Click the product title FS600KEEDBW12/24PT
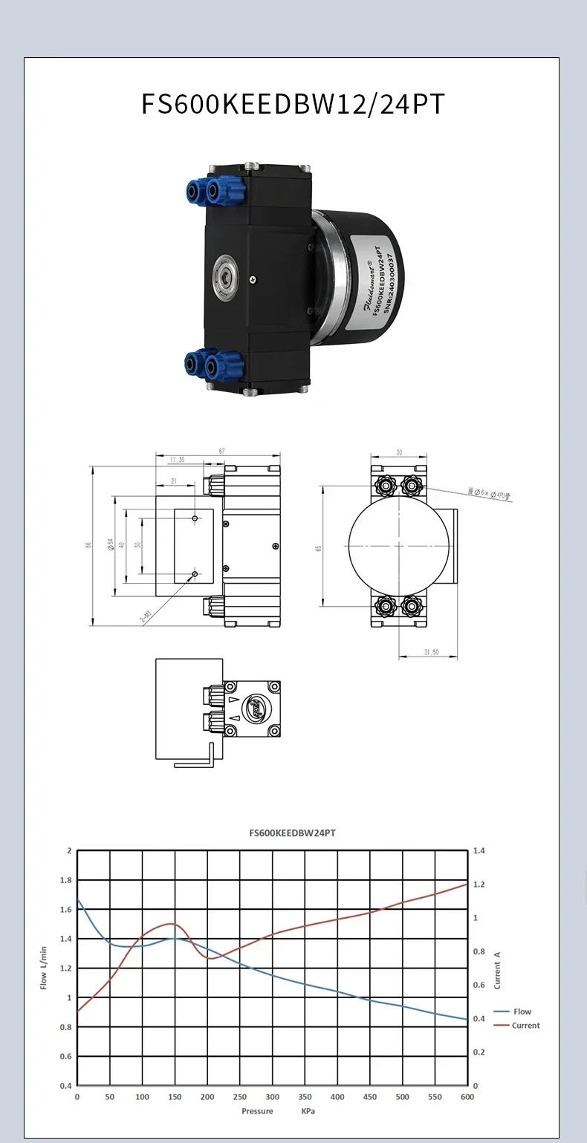pyautogui.click(x=293, y=104)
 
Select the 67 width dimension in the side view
pyautogui.click(x=221, y=450)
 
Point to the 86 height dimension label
pyautogui.click(x=88, y=546)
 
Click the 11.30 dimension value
pyautogui.click(x=177, y=460)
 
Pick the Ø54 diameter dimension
pyautogui.click(x=111, y=546)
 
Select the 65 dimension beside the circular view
pyautogui.click(x=318, y=548)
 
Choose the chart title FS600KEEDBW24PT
pyautogui.click(x=292, y=833)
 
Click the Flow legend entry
pyautogui.click(x=522, y=1012)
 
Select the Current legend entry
pyautogui.click(x=525, y=1026)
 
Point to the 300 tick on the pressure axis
pyautogui.click(x=273, y=1097)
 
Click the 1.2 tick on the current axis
pyautogui.click(x=480, y=885)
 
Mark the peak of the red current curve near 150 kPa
pyautogui.click(x=173, y=924)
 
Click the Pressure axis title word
pyautogui.click(x=257, y=1111)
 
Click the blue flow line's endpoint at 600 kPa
pyautogui.click(x=467, y=1020)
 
